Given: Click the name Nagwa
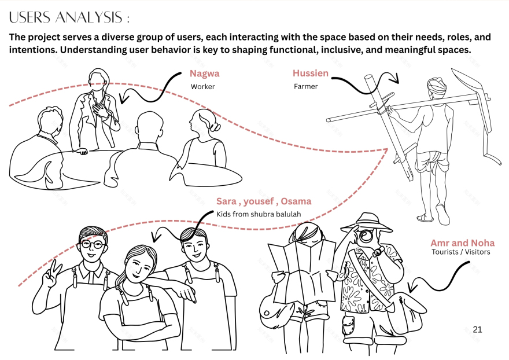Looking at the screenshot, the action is (205, 74).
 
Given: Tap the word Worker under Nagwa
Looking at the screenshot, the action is (203, 87).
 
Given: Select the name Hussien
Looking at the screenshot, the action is (311, 73).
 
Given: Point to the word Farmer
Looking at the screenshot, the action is (306, 86).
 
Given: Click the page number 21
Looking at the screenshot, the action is (478, 329).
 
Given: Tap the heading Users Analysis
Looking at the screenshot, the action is (69, 17).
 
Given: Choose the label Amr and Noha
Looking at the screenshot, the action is (463, 243).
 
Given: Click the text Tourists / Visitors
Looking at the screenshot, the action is (461, 252).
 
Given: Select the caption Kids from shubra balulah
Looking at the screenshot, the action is (259, 215).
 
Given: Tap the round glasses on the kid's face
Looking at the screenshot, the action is (92, 244).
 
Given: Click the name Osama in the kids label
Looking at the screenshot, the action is (296, 201).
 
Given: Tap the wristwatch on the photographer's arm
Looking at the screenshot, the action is (379, 252).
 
